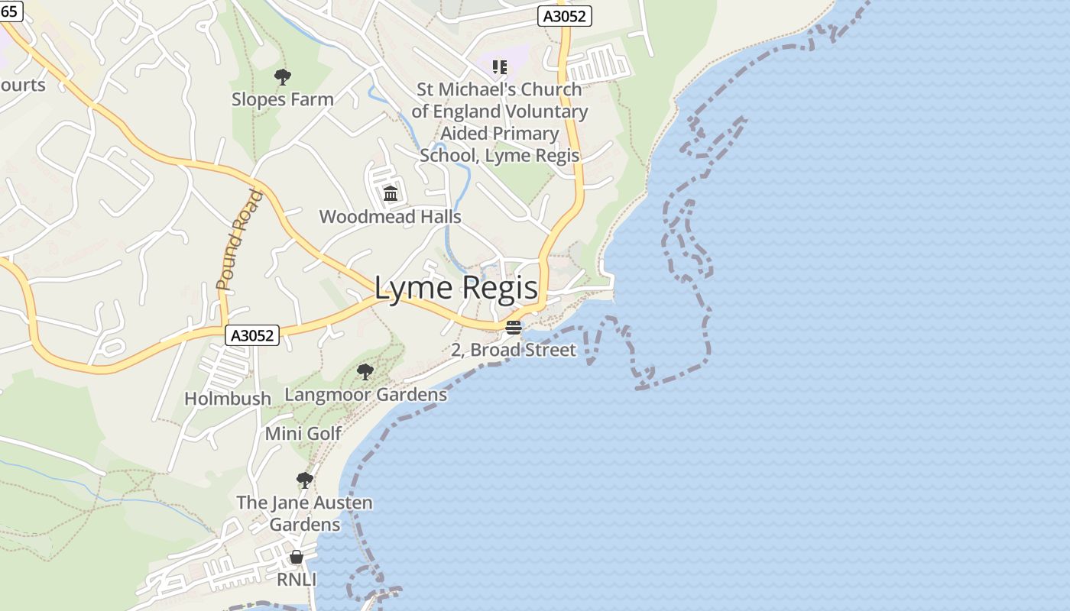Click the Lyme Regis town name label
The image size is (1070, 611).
[456, 289]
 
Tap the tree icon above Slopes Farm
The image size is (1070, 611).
[283, 76]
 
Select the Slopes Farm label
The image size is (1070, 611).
[283, 99]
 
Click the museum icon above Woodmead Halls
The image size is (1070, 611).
[391, 193]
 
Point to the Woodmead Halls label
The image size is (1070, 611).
[390, 216]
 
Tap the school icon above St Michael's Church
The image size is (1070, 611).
[500, 67]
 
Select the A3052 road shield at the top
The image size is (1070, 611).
[565, 16]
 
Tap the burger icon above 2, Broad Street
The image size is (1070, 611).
[514, 328]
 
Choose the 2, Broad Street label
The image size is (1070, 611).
[514, 350]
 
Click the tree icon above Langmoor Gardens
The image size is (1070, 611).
[365, 372]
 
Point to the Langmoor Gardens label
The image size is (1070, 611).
[365, 394]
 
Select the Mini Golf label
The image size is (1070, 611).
[303, 433]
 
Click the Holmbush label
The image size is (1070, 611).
[228, 398]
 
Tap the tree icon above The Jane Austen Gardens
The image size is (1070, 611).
[305, 480]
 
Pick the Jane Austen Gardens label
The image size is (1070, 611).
[305, 513]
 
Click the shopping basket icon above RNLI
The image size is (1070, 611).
[297, 557]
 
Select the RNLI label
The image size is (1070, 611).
[297, 580]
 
